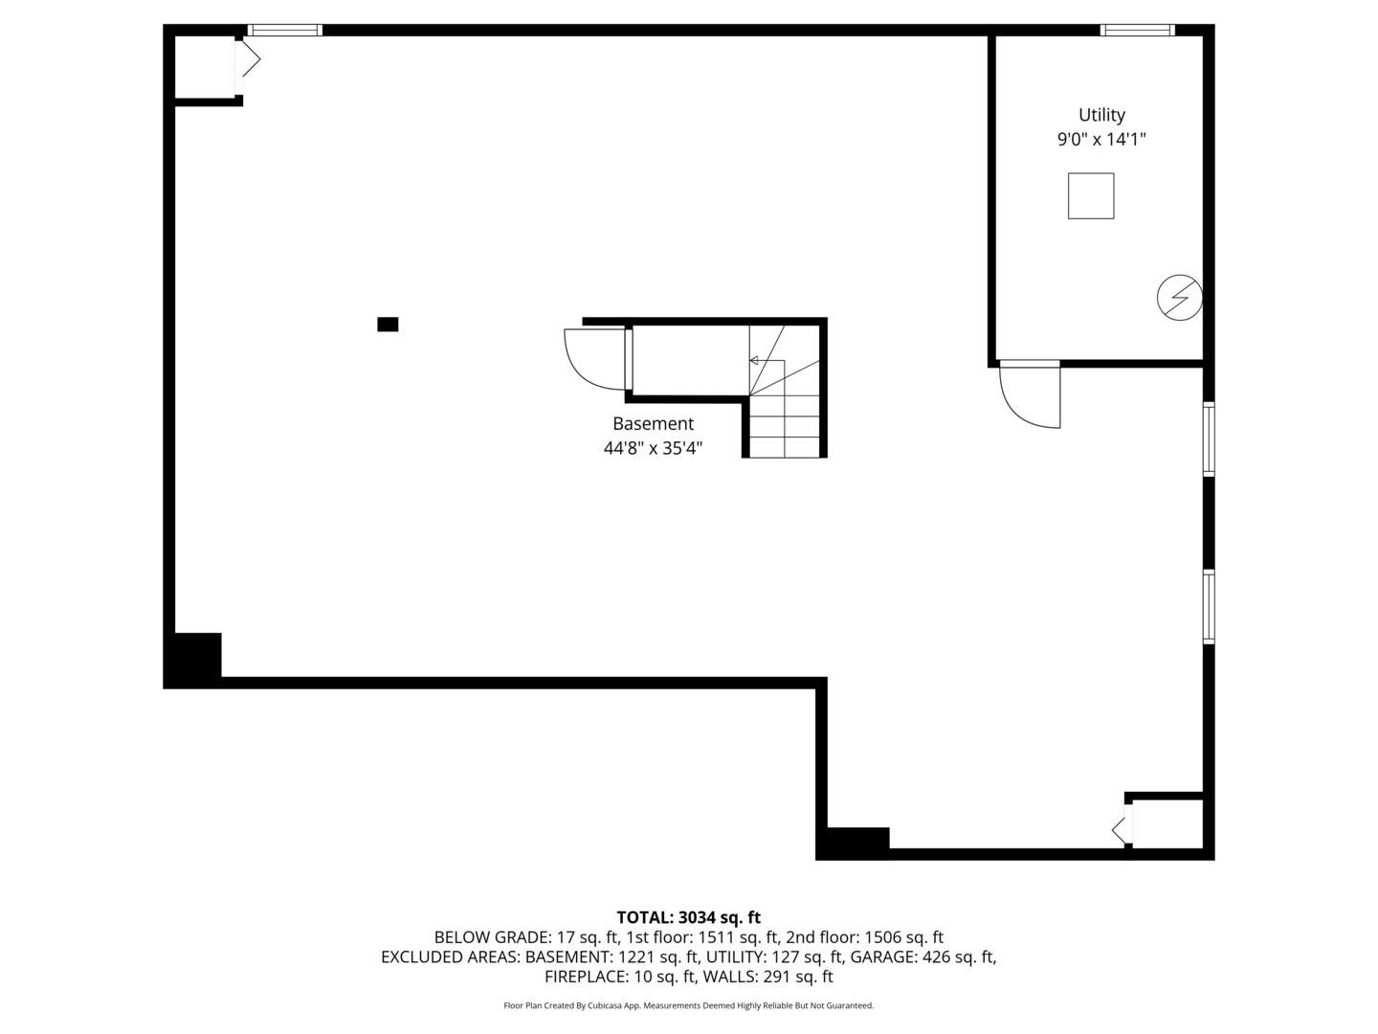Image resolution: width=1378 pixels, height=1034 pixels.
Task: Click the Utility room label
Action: pos(1101,115)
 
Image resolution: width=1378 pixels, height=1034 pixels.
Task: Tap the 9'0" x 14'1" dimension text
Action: pos(1101,140)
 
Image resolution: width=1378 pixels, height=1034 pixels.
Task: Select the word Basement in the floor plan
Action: pos(653,423)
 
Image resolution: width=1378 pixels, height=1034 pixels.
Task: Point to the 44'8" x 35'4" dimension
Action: pos(653,448)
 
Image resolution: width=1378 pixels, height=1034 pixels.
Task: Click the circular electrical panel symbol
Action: pos(1179,298)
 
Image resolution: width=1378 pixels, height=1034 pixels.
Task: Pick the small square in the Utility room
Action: pos(1091,196)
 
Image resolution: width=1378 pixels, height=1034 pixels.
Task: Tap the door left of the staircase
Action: pos(595,359)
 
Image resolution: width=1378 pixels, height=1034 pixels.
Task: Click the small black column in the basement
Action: pos(388,325)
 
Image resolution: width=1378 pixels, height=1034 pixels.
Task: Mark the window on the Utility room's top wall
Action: pos(1137,31)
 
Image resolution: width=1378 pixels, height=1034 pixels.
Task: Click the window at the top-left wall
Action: pos(285,31)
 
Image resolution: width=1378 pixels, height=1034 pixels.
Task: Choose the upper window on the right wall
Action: pos(1209,439)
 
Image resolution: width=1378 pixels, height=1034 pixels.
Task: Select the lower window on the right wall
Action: pos(1209,607)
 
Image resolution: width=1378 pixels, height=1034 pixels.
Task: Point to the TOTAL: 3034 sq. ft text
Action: pos(688,918)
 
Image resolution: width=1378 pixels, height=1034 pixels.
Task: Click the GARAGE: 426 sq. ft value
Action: pos(923,956)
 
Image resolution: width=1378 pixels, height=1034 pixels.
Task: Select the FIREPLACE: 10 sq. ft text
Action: pos(621,977)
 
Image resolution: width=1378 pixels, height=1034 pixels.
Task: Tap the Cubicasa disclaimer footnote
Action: pos(688,1005)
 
